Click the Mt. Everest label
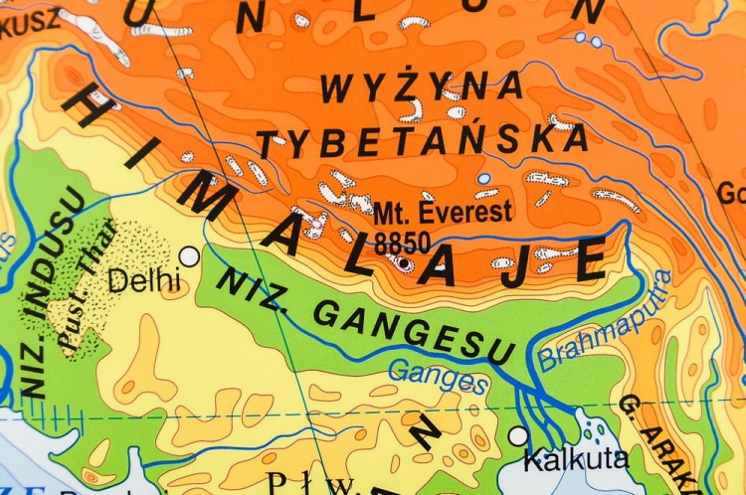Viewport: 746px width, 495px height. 444,212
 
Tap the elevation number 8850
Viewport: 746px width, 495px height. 402,241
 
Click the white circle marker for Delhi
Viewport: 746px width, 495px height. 189,256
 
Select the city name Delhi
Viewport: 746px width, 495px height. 145,281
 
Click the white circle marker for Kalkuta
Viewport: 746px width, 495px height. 517,435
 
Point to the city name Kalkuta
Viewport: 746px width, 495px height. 576,459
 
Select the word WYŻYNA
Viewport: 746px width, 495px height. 421,88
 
